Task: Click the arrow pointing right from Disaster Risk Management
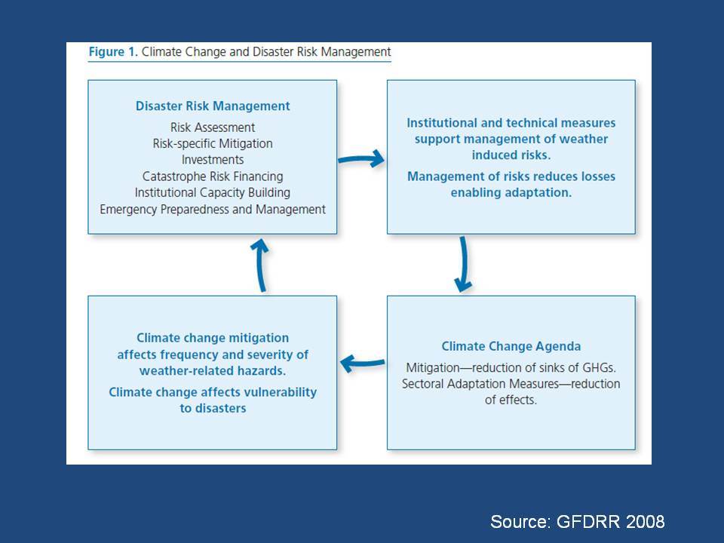point(361,159)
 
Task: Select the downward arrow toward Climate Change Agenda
point(464,264)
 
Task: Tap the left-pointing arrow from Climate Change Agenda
point(363,363)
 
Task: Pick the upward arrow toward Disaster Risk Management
point(260,265)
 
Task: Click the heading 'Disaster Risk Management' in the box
point(213,106)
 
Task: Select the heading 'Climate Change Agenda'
point(511,346)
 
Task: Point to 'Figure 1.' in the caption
point(113,52)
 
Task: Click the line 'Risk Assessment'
point(213,127)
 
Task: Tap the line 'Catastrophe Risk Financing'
point(213,176)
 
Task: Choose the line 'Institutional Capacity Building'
point(213,192)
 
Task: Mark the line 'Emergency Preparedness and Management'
point(213,209)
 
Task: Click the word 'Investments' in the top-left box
point(213,160)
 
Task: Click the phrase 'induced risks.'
point(511,155)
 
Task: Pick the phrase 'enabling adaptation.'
point(511,192)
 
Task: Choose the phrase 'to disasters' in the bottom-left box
point(213,408)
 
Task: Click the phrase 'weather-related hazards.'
point(213,371)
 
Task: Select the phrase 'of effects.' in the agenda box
point(511,400)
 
